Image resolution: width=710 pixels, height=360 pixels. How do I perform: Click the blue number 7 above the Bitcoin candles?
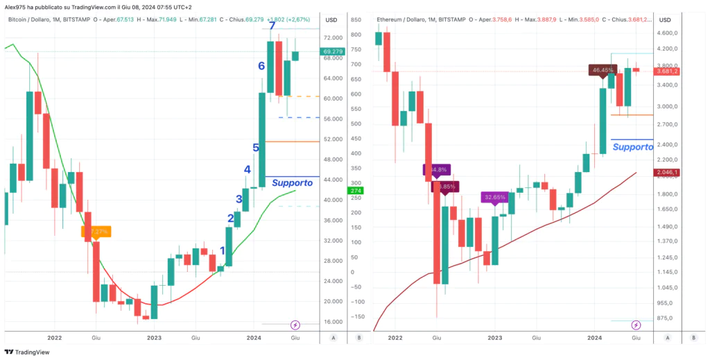[272, 26]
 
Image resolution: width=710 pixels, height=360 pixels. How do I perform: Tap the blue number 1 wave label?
[222, 251]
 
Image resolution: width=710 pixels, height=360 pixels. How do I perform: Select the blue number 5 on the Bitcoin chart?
[256, 148]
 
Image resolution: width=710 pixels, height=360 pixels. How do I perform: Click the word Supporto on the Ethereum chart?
[633, 147]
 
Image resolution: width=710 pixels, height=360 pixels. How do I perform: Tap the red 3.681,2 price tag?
[668, 71]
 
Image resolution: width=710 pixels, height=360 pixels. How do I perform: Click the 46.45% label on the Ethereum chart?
[600, 70]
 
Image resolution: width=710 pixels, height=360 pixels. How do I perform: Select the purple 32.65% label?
[494, 197]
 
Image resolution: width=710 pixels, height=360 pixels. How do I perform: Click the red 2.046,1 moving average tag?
[668, 172]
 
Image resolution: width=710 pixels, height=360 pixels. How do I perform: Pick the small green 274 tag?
[356, 191]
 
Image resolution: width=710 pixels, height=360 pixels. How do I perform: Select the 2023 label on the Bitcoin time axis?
[154, 338]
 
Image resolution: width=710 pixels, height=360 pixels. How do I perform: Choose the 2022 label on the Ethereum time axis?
[395, 338]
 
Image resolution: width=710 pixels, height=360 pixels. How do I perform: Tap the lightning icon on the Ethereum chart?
[637, 324]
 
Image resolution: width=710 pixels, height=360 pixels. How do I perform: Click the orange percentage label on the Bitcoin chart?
[96, 231]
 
